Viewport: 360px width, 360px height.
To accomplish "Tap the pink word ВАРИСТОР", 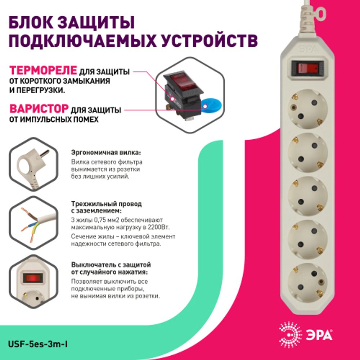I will tap(39, 109).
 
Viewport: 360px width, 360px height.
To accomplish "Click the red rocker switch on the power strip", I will tap(306, 68).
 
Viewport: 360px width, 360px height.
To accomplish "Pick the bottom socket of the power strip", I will tap(307, 281).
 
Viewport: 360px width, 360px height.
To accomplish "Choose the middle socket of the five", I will tap(307, 194).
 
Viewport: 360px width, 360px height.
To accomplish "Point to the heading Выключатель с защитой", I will tap(111, 265).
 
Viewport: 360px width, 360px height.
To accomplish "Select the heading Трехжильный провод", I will tap(107, 204).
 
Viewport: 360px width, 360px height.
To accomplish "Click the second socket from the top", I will tap(307, 151).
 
